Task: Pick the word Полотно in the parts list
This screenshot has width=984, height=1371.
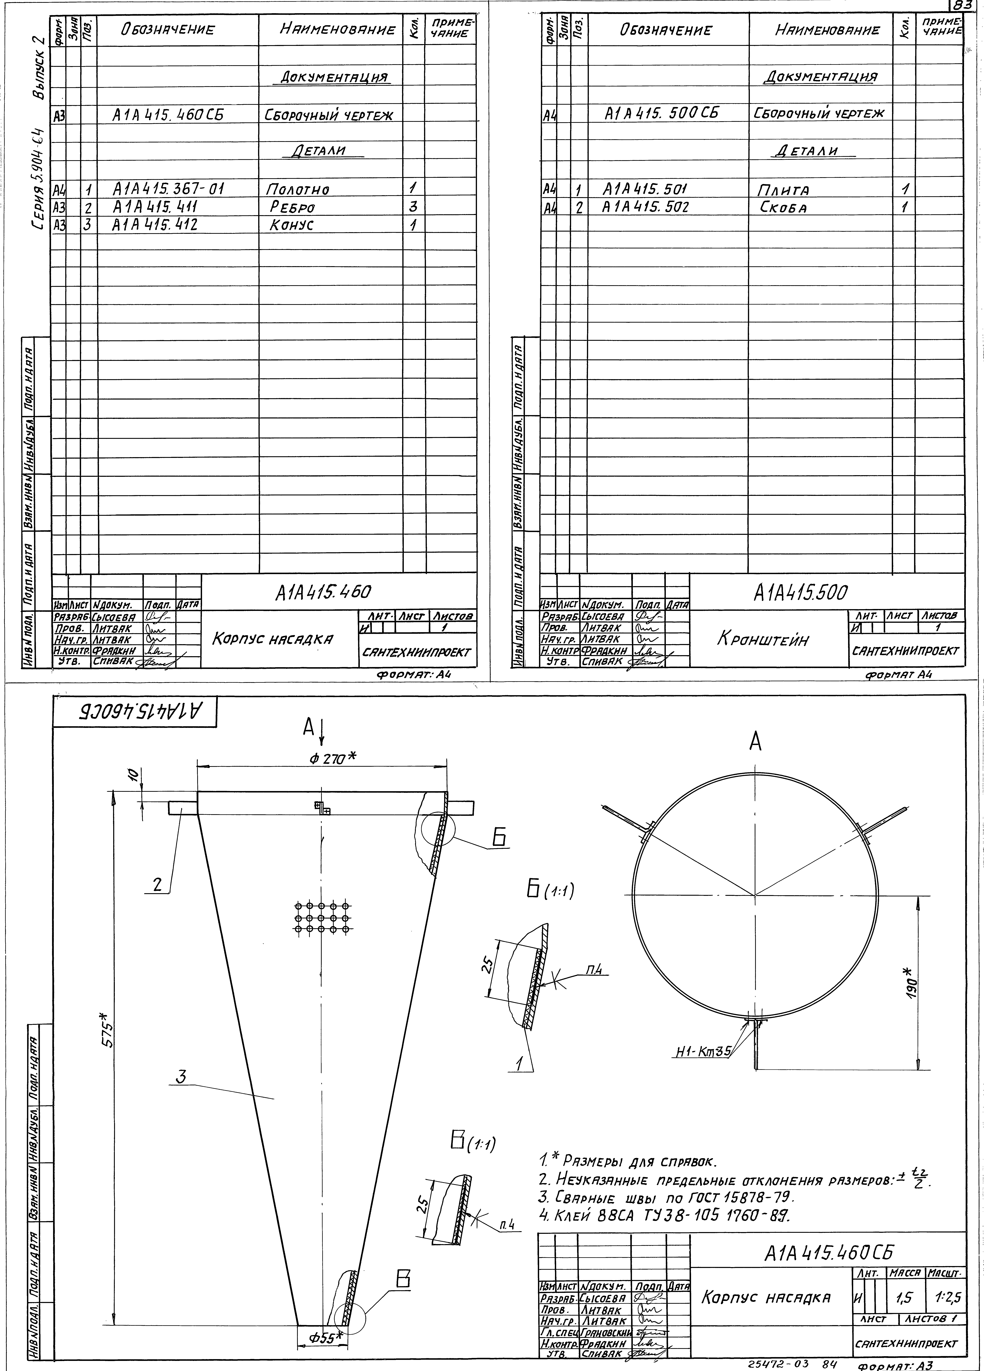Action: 297,190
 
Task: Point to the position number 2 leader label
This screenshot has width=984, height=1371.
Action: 157,885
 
